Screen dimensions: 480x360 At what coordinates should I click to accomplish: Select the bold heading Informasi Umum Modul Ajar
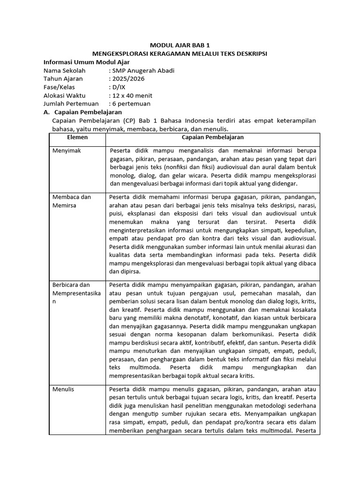86,62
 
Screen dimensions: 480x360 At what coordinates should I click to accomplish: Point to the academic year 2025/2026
127,79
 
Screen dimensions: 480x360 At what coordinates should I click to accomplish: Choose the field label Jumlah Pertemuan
71,104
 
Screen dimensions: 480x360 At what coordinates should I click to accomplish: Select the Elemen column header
77,138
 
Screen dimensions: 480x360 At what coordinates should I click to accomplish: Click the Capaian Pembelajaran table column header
212,138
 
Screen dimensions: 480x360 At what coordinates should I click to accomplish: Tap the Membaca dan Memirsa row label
72,201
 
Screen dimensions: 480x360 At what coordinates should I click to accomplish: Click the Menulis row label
63,389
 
